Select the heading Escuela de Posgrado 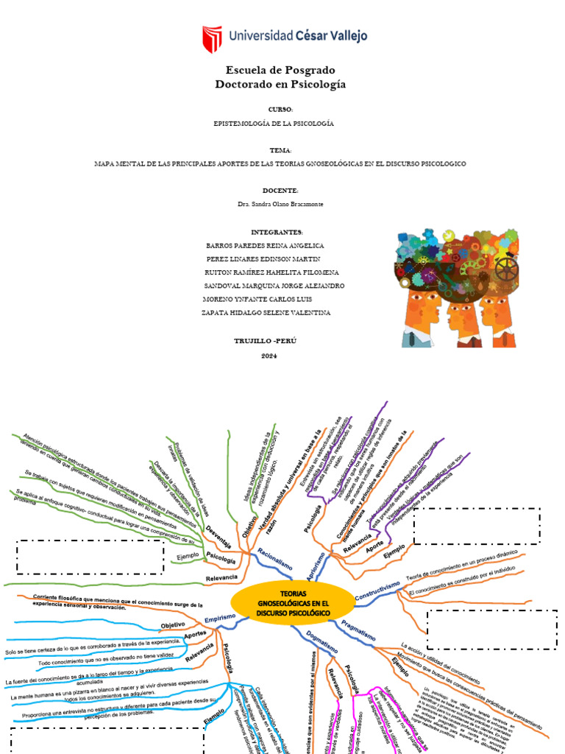tap(280, 70)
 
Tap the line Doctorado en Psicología tap(280, 85)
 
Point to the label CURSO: tap(280, 109)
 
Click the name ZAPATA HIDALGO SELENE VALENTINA tap(266, 312)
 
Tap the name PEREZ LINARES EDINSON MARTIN tap(263, 258)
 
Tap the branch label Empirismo tap(220, 618)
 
